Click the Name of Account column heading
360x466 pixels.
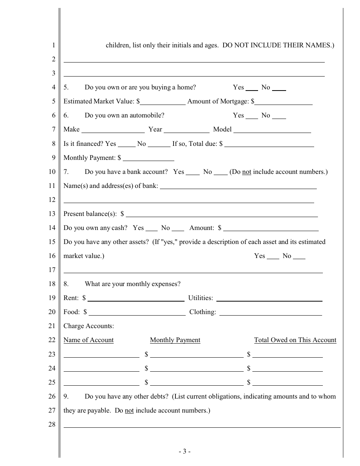[88, 340]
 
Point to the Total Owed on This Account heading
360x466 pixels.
[295, 340]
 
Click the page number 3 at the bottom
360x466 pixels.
[184, 451]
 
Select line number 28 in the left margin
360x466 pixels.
[52, 424]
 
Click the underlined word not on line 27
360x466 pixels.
[129, 410]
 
